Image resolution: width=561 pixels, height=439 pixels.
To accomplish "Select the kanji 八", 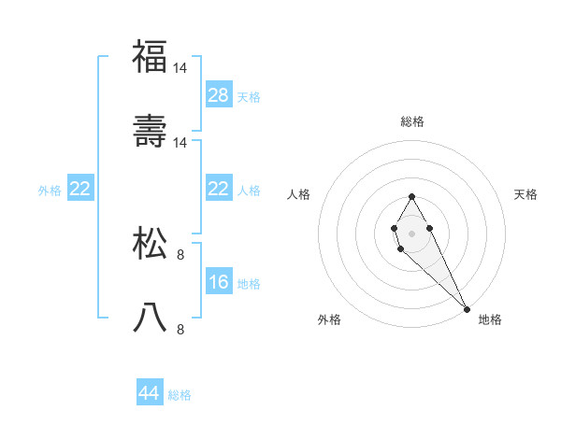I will [x=150, y=318].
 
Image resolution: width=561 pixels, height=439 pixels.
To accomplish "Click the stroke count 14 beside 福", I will [x=180, y=68].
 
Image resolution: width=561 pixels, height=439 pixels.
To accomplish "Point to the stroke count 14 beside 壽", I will [x=180, y=142].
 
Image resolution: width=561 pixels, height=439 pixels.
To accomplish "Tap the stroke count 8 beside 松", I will [x=180, y=254].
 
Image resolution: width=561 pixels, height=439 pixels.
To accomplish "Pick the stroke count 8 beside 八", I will [x=180, y=329].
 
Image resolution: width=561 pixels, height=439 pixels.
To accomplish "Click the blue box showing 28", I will [x=219, y=95].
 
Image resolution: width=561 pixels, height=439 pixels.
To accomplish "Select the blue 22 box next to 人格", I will [x=219, y=189].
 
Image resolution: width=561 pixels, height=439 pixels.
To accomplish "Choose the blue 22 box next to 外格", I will [x=80, y=189].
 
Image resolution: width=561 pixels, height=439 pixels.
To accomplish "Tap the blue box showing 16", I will [x=219, y=282].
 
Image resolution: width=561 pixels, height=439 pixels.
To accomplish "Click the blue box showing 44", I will [x=150, y=393].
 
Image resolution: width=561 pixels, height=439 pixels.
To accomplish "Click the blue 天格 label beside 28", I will [x=248, y=97].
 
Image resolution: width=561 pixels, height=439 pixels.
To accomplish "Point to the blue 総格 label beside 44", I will [x=180, y=395].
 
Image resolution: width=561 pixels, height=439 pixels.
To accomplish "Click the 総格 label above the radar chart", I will [x=411, y=121].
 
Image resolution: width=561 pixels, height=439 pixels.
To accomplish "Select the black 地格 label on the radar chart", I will [x=490, y=319].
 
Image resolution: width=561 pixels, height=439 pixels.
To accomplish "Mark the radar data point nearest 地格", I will [x=467, y=308].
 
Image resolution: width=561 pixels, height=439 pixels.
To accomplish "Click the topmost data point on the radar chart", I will [x=411, y=197].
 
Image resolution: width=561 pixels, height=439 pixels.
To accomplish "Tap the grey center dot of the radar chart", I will [x=411, y=232].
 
